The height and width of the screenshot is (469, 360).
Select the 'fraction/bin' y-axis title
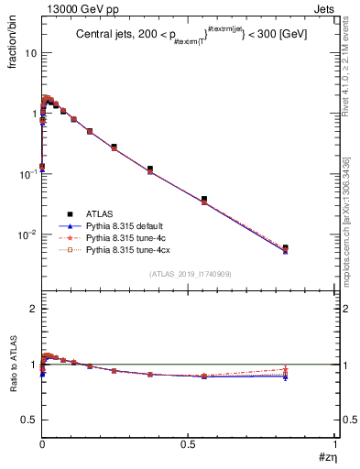click(12, 48)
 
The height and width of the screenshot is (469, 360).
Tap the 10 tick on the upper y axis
click(30, 52)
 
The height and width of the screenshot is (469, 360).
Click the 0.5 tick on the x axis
click(188, 445)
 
